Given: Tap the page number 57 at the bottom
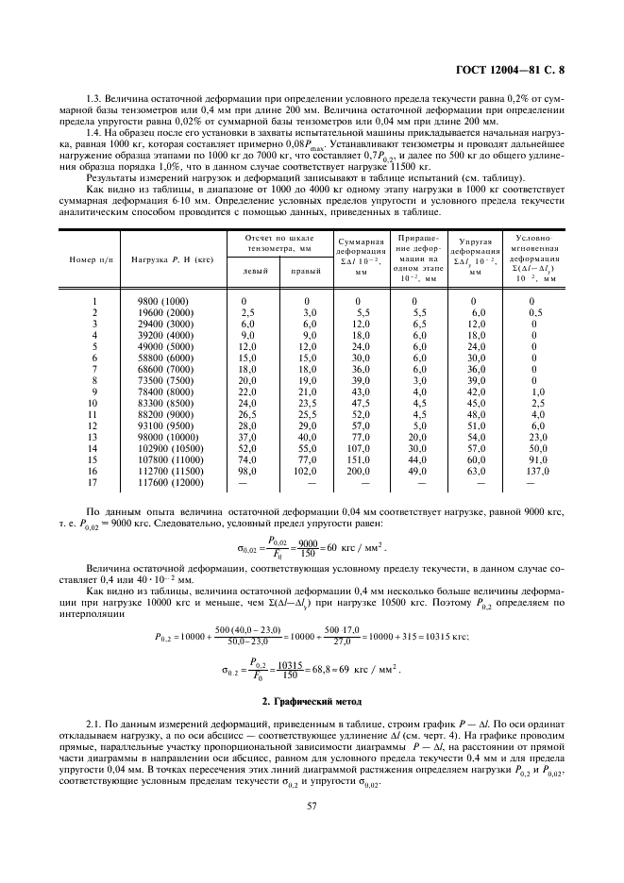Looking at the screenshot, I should [312, 805].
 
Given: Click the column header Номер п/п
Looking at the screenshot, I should [90, 259].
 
